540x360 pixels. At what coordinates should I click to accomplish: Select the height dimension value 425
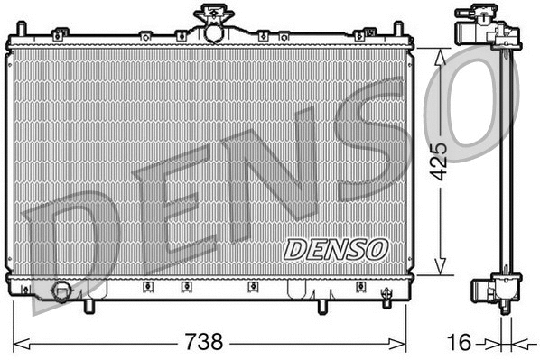coord(438,161)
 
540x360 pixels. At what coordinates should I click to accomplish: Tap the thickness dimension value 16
coord(460,343)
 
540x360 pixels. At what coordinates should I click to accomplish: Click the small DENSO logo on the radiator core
coord(336,247)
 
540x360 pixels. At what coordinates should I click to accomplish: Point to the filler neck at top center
coord(213,22)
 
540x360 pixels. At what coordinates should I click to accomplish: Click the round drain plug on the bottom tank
coord(63,291)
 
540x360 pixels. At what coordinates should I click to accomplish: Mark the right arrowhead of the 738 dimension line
coord(405,343)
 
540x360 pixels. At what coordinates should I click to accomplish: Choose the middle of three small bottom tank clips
coord(185,288)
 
